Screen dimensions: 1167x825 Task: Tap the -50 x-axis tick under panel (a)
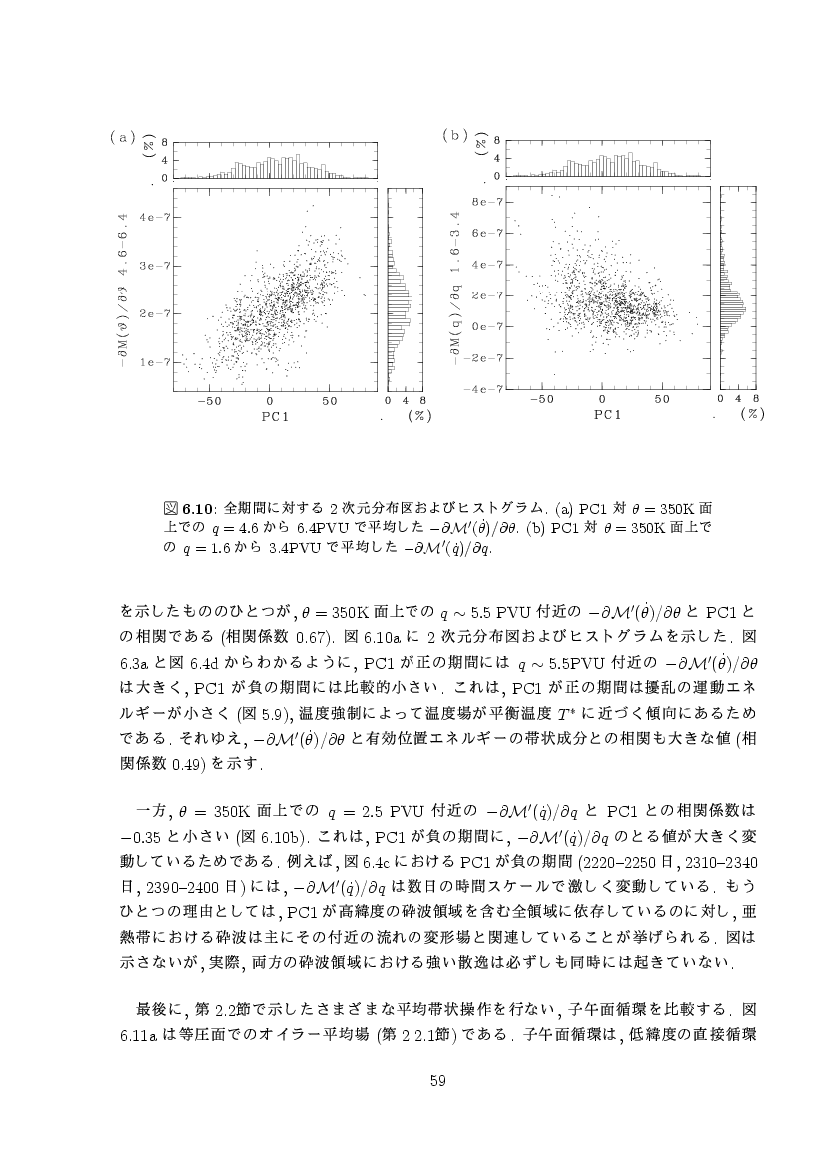[x=209, y=401]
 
